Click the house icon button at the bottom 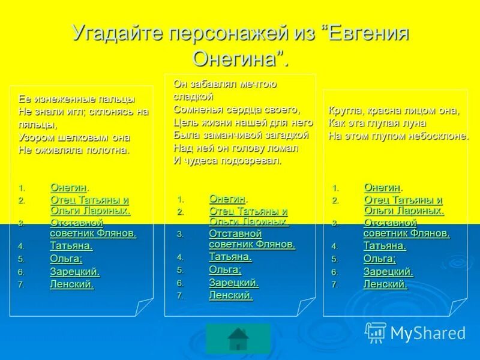238,339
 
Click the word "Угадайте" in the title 115,34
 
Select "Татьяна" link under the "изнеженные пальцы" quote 71,246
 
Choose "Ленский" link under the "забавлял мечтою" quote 230,295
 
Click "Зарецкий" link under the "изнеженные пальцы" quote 74,272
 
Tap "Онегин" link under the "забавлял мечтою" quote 227,199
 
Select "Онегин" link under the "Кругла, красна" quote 382,188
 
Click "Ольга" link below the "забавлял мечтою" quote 225,269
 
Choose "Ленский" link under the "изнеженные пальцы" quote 71,284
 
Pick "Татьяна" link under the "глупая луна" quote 385,245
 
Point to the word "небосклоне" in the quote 438,136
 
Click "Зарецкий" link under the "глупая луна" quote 388,272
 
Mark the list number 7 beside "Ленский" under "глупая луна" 335,285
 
